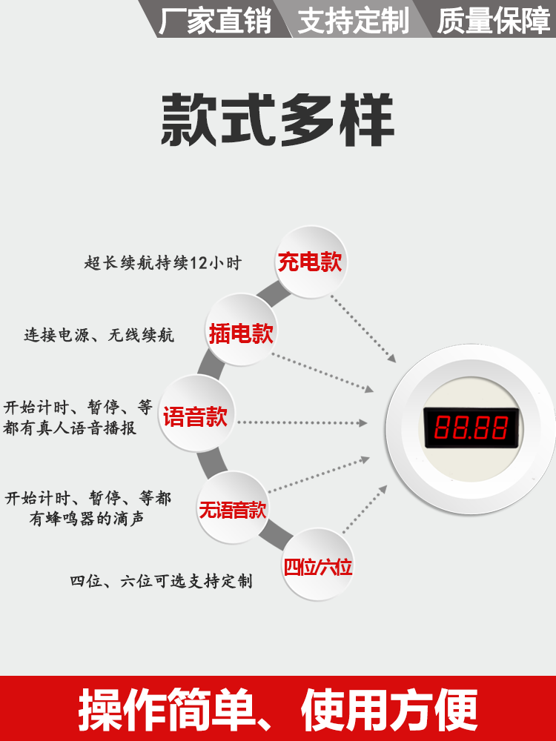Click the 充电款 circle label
coord(311,262)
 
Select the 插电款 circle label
coord(241,333)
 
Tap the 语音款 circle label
coord(196,416)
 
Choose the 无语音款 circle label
coord(232,510)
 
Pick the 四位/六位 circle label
coord(317,568)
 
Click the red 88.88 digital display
coord(471,428)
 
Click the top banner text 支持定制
coord(353,21)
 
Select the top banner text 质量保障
coord(492,21)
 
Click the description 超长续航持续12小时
coord(163,263)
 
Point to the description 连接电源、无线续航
coord(99,335)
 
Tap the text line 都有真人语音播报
coord(70,428)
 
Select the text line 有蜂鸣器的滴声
coord(87,519)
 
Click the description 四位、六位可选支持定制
coord(161,581)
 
